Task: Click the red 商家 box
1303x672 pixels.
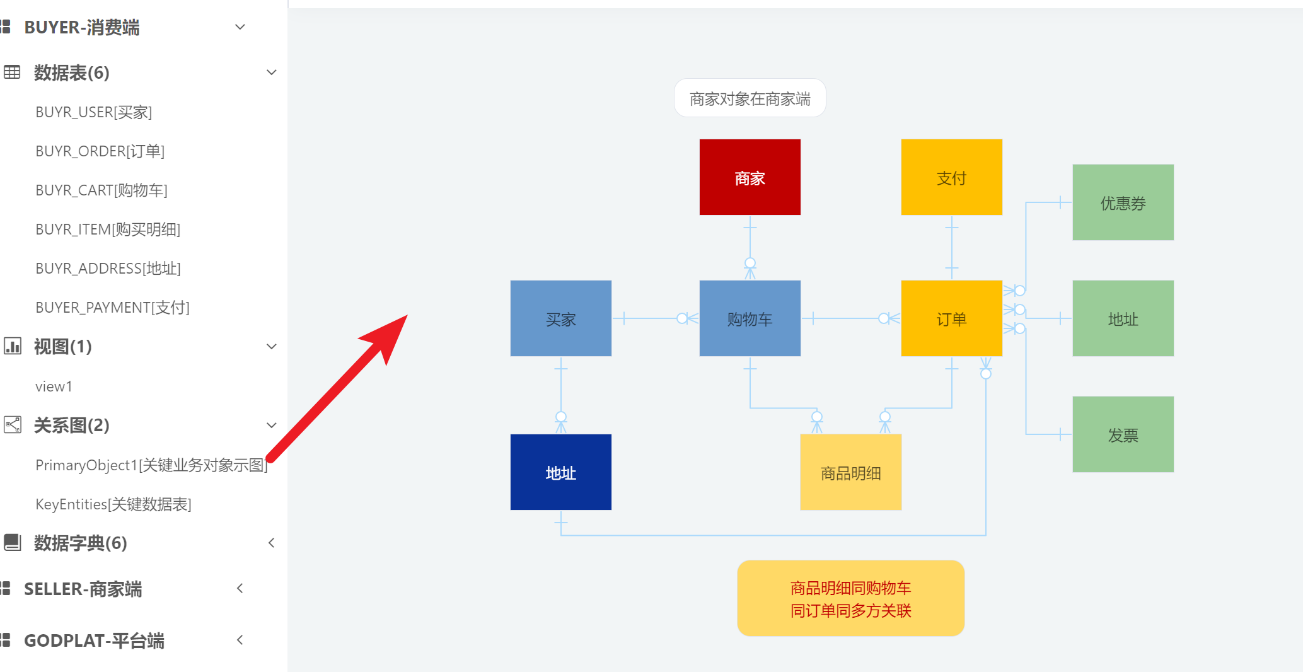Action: [x=750, y=177]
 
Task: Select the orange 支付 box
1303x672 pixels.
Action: [x=951, y=177]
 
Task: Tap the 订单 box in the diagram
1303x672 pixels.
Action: [x=951, y=318]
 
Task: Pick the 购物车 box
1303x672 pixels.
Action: [x=750, y=318]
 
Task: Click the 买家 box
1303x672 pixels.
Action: [x=560, y=318]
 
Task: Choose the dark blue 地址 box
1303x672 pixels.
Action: [x=560, y=472]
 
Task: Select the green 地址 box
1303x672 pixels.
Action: [x=1123, y=318]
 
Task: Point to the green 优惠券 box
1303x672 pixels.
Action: [x=1123, y=202]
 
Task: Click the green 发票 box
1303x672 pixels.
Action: [x=1123, y=434]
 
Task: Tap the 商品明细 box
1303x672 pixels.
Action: [x=850, y=472]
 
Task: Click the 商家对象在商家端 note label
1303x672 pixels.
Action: [x=750, y=98]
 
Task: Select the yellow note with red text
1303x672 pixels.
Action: [x=850, y=598]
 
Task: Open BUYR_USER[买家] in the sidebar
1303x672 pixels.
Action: [x=93, y=112]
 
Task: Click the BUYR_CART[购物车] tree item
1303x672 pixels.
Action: [x=101, y=190]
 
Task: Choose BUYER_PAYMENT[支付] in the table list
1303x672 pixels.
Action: [x=112, y=308]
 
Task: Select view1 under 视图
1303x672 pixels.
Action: [x=54, y=386]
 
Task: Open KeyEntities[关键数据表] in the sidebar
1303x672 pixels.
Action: [x=113, y=504]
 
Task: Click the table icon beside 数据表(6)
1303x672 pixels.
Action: [x=12, y=72]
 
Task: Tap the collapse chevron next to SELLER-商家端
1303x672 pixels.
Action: [x=240, y=589]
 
